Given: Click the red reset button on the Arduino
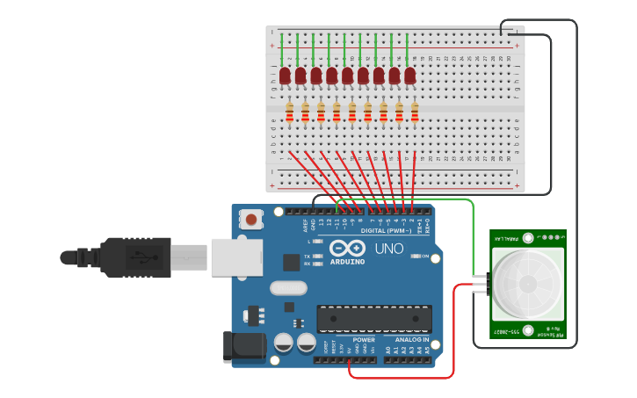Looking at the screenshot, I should pyautogui.click(x=251, y=218).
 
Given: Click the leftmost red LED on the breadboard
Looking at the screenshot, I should pyautogui.click(x=285, y=76).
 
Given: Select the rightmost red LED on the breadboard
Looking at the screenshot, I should pyautogui.click(x=410, y=76).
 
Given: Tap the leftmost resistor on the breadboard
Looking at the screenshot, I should pyautogui.click(x=289, y=112).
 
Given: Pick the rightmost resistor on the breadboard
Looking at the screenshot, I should pyautogui.click(x=415, y=112).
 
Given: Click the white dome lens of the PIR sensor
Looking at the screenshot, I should pyautogui.click(x=527, y=284).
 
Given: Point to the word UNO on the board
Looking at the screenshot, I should pyautogui.click(x=389, y=249).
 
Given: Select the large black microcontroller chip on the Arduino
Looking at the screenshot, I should pyautogui.click(x=374, y=319).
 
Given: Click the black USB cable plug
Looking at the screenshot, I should pyautogui.click(x=132, y=257).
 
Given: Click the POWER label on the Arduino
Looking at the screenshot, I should pyautogui.click(x=364, y=339).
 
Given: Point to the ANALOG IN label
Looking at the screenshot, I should pyautogui.click(x=411, y=339).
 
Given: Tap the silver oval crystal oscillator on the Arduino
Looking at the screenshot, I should pyautogui.click(x=287, y=287).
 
